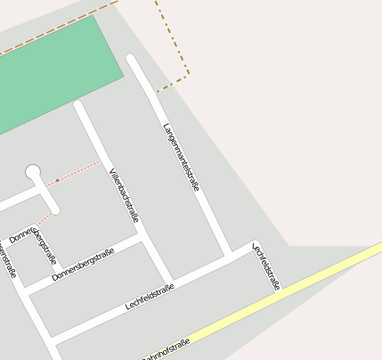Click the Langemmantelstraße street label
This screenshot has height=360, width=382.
(x=181, y=157)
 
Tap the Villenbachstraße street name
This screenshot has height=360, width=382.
(x=124, y=194)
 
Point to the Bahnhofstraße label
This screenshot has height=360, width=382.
(x=166, y=350)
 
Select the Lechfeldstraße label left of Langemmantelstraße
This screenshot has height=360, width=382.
(x=150, y=296)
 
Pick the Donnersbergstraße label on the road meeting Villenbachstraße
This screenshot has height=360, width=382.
(x=83, y=265)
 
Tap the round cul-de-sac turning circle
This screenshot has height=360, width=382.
(x=33, y=170)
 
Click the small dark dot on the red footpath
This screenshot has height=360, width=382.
(x=58, y=180)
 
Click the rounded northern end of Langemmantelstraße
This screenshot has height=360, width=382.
(x=132, y=60)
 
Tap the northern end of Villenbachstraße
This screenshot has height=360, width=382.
(x=79, y=105)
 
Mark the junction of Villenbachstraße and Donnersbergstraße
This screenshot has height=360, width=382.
(x=142, y=237)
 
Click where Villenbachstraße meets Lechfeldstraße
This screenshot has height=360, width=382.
(x=168, y=279)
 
